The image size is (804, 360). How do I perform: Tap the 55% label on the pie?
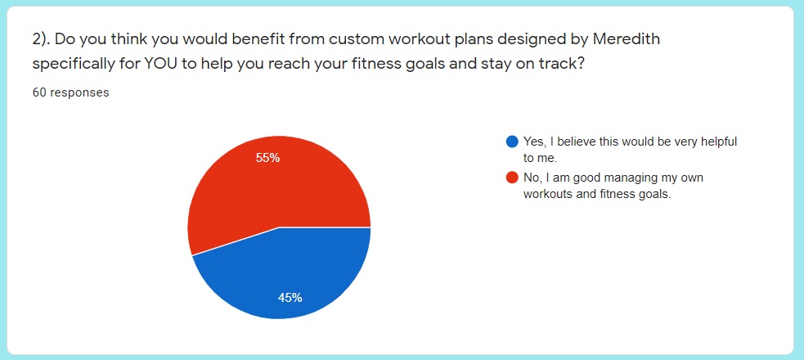click(267, 158)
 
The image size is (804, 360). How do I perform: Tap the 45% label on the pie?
click(290, 298)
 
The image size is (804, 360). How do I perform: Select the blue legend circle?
click(512, 142)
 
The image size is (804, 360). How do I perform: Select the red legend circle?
click(512, 178)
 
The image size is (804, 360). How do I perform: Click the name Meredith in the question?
click(626, 39)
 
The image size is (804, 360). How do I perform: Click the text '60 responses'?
click(71, 92)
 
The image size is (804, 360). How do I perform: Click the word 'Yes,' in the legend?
click(534, 142)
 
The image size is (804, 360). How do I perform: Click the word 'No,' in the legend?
click(532, 178)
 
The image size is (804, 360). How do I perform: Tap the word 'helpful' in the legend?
click(721, 142)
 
